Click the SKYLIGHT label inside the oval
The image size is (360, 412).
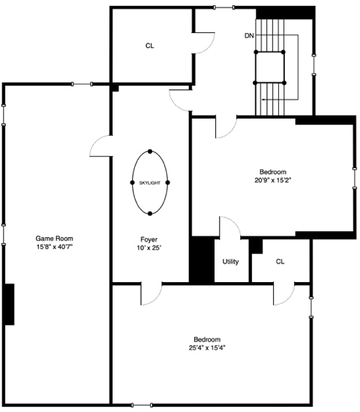pos(150,183)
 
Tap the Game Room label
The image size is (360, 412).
pos(54,239)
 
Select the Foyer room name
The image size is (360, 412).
pos(149,239)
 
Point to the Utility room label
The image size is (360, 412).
pos(230,262)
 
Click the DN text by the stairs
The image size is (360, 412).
pos(249,36)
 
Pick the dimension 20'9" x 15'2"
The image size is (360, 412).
pos(273,181)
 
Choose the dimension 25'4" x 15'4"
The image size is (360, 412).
pos(207,348)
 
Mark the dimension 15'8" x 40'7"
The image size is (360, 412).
pos(54,247)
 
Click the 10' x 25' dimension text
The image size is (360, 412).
pos(149,248)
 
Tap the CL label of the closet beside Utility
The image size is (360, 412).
pos(280,262)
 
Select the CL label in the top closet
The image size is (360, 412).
pos(150,46)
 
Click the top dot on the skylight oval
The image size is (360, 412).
pos(150,152)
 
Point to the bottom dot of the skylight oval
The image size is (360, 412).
pos(150,214)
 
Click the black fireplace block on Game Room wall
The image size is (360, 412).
pos(10,304)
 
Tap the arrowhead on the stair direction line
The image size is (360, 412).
pos(263,100)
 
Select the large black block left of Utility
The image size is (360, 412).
pos(202,260)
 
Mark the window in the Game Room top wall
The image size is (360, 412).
pos(82,84)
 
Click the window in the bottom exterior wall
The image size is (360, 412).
pos(142,405)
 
